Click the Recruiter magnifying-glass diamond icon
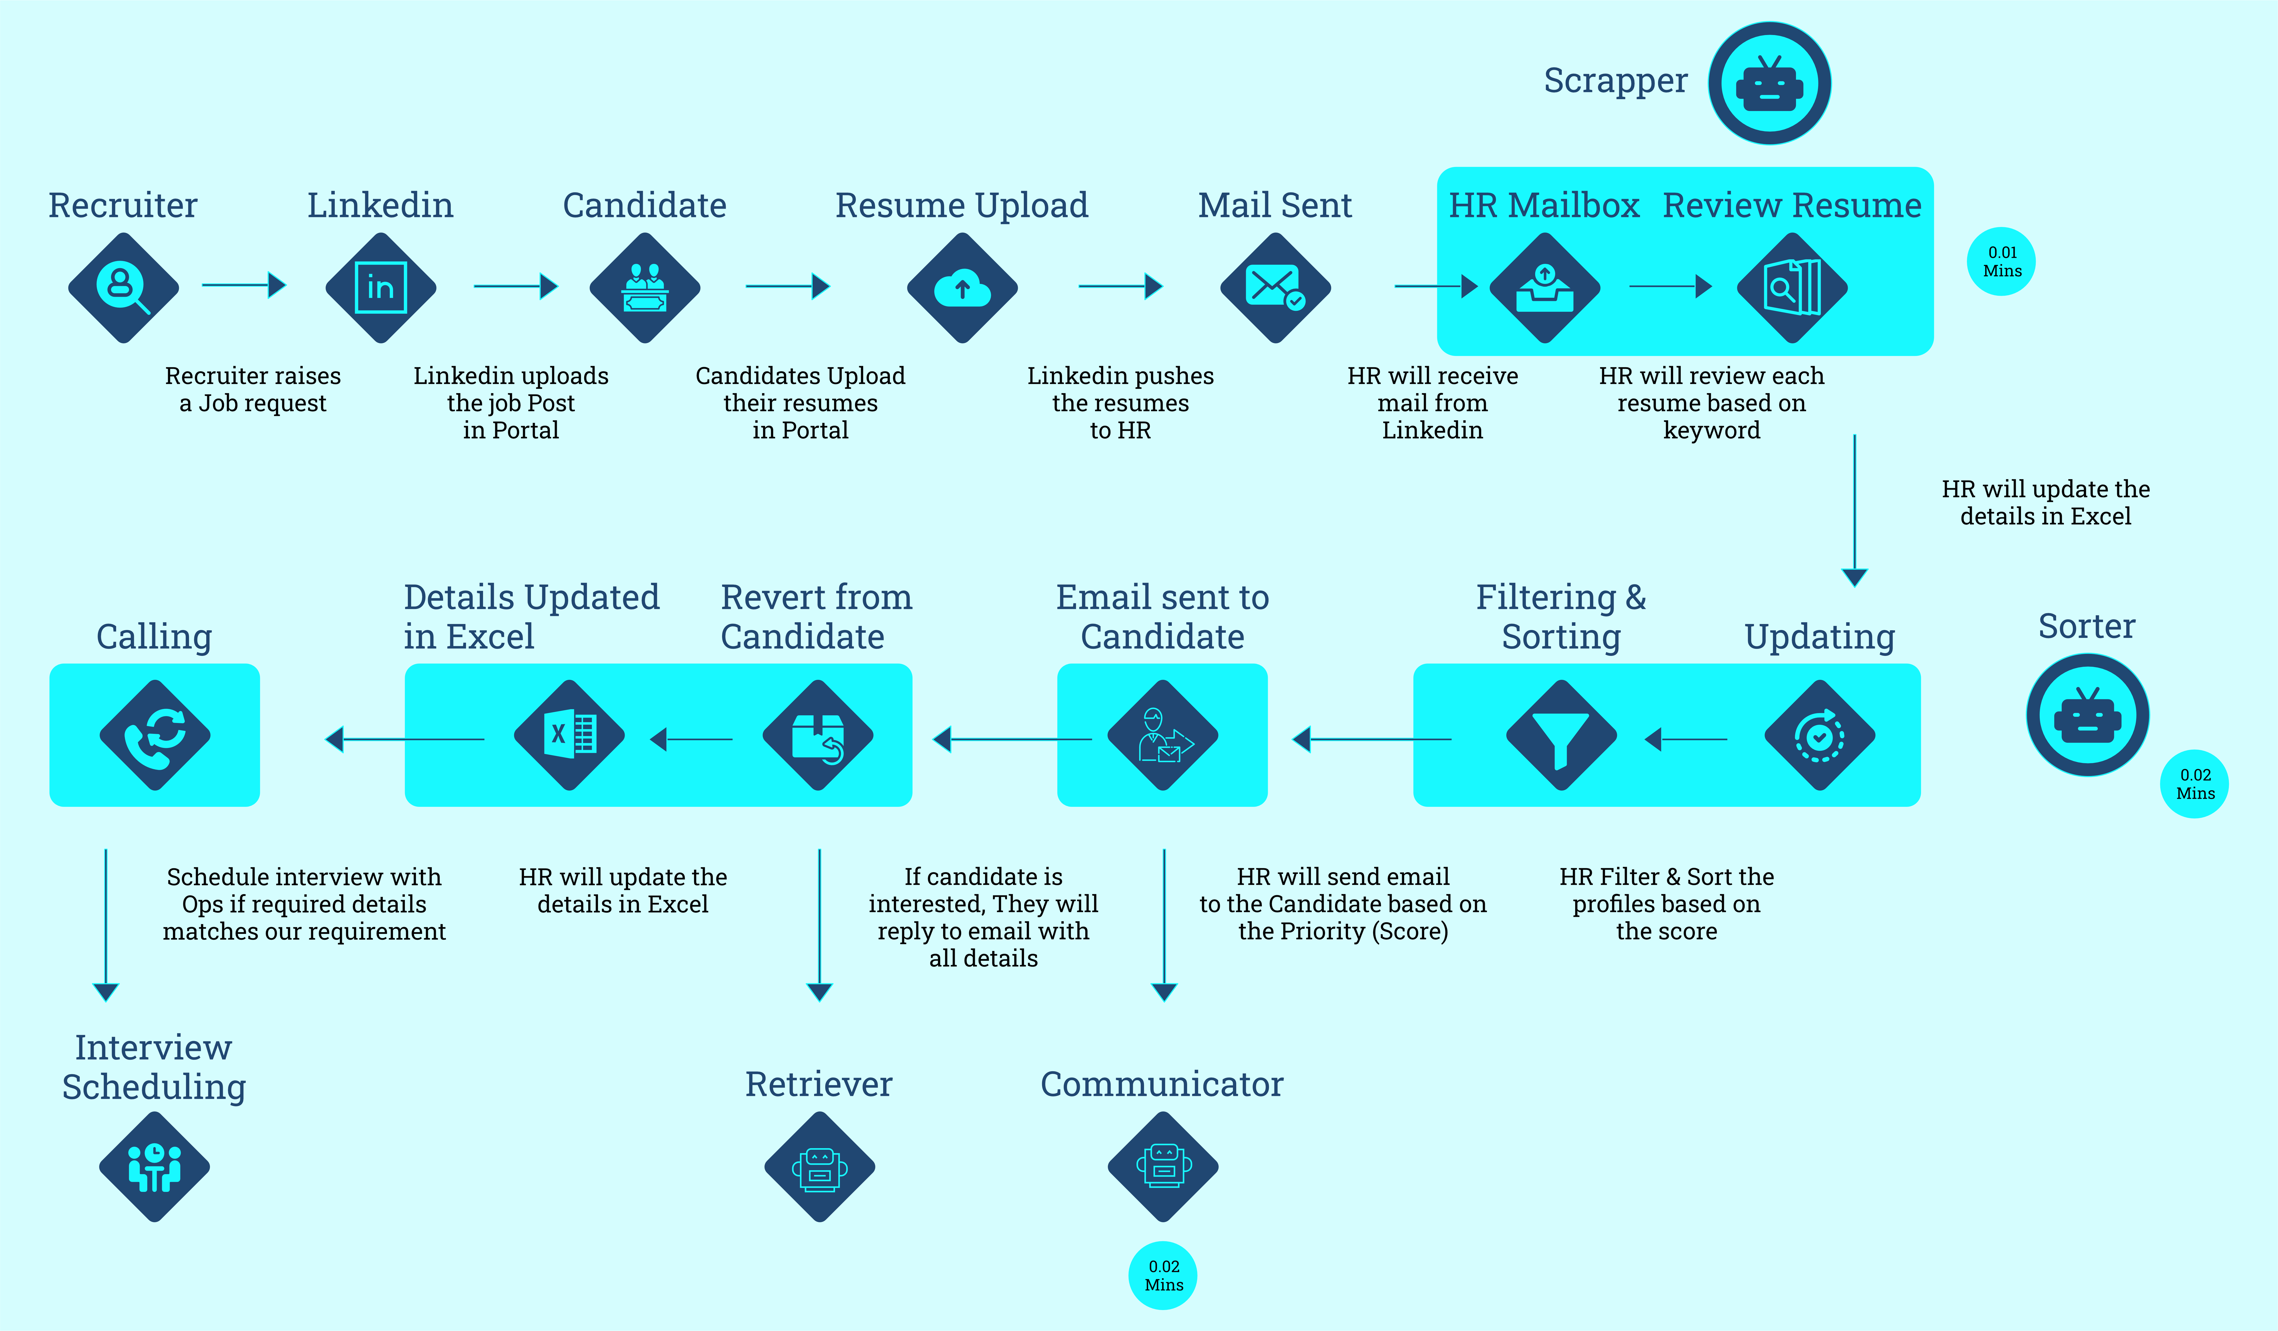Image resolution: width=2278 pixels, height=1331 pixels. point(123,287)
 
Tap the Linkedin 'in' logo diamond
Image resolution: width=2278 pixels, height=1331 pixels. point(381,287)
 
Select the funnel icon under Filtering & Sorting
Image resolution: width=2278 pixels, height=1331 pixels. point(1561,736)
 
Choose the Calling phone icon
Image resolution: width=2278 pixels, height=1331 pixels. point(155,736)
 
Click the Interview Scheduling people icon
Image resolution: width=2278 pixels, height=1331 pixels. point(155,1166)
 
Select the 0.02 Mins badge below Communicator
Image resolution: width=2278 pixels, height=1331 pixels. point(1163,1275)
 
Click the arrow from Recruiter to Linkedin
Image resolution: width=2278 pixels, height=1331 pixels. point(244,286)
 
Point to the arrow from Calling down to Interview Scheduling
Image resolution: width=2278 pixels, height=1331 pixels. point(106,925)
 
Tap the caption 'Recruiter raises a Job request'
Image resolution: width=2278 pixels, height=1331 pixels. point(253,389)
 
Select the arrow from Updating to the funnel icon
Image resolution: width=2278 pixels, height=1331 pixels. point(1685,739)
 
